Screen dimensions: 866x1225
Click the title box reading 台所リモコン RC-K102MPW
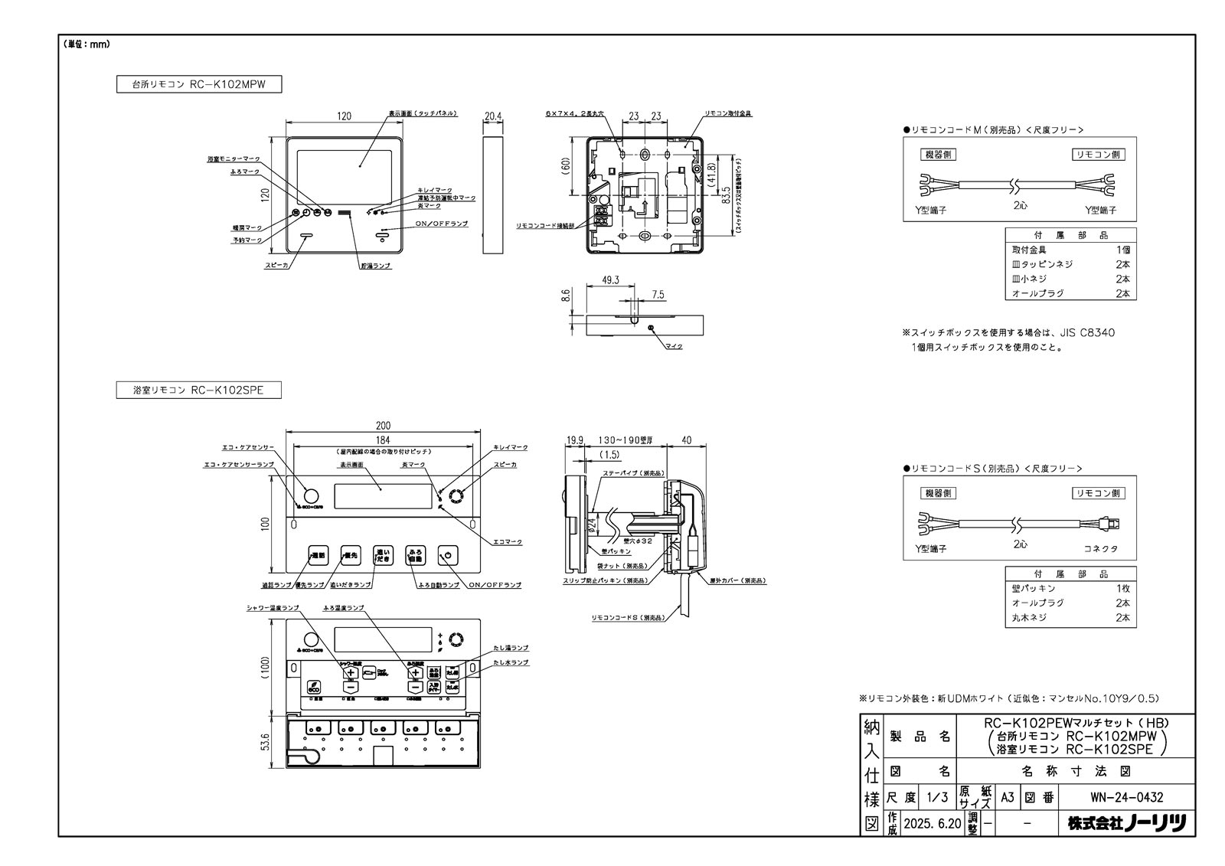pos(199,84)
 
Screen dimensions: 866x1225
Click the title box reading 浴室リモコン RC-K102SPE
pos(199,391)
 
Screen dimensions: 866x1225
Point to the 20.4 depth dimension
pos(493,116)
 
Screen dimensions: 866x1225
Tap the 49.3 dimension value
pos(610,280)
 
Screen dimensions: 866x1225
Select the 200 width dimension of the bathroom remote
pos(383,426)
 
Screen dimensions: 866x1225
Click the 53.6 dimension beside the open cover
pos(265,742)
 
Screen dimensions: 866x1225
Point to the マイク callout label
pos(673,346)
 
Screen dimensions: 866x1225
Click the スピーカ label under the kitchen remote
pos(276,265)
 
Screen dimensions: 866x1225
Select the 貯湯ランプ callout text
pos(376,265)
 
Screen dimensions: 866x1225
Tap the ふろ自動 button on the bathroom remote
pos(414,556)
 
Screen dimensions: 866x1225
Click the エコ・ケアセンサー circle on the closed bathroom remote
pos(312,495)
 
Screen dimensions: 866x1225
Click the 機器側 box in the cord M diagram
pos(938,155)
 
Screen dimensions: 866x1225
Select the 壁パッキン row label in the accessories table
pos(1034,588)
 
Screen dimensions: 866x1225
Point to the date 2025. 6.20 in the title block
pos(931,824)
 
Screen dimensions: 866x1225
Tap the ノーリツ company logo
pos(1127,824)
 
